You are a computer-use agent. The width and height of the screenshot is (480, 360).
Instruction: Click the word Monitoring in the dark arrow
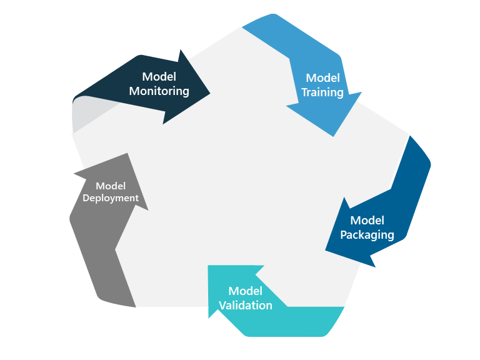[x=159, y=91]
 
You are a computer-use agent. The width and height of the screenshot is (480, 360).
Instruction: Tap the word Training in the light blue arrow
[x=322, y=92]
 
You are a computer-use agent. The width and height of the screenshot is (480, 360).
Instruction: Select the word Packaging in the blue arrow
[x=367, y=235]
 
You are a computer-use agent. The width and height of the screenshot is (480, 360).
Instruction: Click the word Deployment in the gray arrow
[x=111, y=198]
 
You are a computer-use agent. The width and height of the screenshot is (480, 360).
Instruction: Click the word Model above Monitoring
[x=159, y=76]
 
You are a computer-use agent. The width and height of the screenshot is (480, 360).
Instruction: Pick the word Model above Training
[x=322, y=78]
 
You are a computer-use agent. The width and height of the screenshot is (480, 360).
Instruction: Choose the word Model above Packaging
[x=367, y=220]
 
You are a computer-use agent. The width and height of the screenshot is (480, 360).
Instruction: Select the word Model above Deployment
[x=111, y=186]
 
